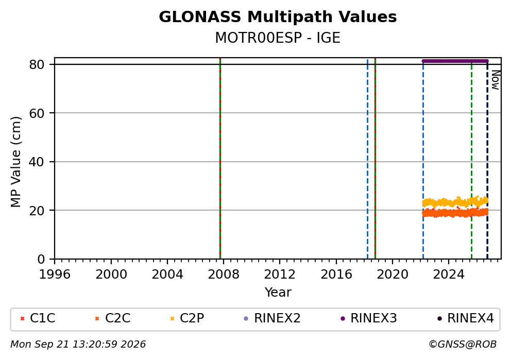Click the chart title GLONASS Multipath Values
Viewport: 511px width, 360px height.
[x=278, y=17]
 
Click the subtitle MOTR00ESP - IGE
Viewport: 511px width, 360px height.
[x=278, y=38]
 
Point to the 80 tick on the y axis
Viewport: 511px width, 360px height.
[x=37, y=64]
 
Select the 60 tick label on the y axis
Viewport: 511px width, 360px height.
[x=37, y=113]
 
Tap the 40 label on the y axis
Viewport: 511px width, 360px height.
[x=37, y=162]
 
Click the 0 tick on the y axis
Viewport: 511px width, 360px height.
[x=41, y=259]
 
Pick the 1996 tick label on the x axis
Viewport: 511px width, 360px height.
[x=55, y=275]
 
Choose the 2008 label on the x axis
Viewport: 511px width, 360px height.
[x=224, y=275]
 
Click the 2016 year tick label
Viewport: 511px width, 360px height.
[x=336, y=275]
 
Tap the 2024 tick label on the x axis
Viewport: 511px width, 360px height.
[x=449, y=275]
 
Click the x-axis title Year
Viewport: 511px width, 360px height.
[x=278, y=292]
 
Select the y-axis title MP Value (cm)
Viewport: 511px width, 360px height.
[x=15, y=162]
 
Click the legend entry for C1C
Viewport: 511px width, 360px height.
[x=38, y=318]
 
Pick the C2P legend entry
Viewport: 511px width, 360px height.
[x=187, y=318]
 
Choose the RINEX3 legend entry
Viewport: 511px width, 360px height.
[x=369, y=318]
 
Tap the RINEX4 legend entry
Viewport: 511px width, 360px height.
[x=465, y=318]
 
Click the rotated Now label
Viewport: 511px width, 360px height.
[x=496, y=80]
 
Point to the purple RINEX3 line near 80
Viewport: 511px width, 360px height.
[x=455, y=61]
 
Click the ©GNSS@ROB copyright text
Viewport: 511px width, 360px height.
[x=463, y=345]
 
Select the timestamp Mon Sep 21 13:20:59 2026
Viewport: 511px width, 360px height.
[x=78, y=345]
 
